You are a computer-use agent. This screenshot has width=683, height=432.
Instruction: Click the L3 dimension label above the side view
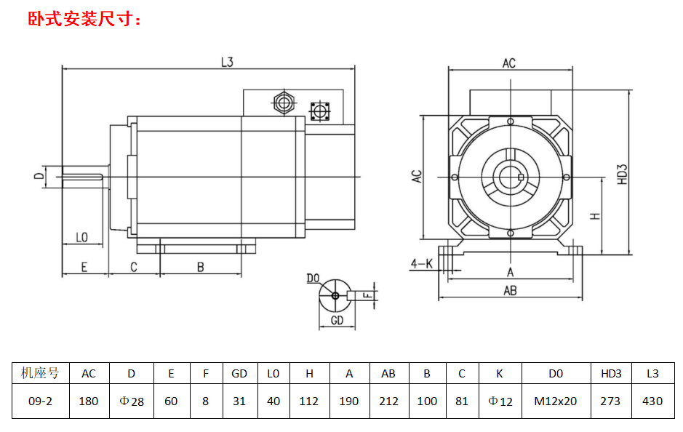[x=227, y=63]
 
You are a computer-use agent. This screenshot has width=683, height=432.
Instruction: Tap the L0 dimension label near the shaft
[x=81, y=238]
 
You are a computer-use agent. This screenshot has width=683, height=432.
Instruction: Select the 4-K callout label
[x=421, y=263]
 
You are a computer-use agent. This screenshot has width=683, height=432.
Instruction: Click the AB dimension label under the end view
[x=510, y=290]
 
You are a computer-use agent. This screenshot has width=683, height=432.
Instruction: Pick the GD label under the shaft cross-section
[x=337, y=320]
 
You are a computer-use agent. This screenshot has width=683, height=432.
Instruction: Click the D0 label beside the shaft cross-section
[x=313, y=279]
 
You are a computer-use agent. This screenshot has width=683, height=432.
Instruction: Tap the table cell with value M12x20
[x=555, y=401]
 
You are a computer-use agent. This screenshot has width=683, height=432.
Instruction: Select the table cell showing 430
[x=652, y=401]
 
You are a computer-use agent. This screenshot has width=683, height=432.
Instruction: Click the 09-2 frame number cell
[x=41, y=401]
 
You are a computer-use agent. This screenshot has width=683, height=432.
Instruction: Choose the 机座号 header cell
[x=41, y=374]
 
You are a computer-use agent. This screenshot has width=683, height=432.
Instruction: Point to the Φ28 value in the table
[x=131, y=401]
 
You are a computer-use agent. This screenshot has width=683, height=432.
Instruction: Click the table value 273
[x=611, y=401]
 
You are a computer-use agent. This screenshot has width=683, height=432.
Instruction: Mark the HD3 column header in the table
[x=611, y=374]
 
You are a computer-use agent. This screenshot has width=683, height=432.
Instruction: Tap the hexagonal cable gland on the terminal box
[x=283, y=102]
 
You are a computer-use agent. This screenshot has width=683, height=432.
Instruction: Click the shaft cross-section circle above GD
[x=335, y=295]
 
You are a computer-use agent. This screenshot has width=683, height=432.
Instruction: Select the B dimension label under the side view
[x=201, y=267]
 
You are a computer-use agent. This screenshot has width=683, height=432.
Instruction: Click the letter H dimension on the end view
[x=594, y=216]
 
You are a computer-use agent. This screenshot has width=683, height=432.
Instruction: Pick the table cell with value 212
[x=388, y=401]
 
